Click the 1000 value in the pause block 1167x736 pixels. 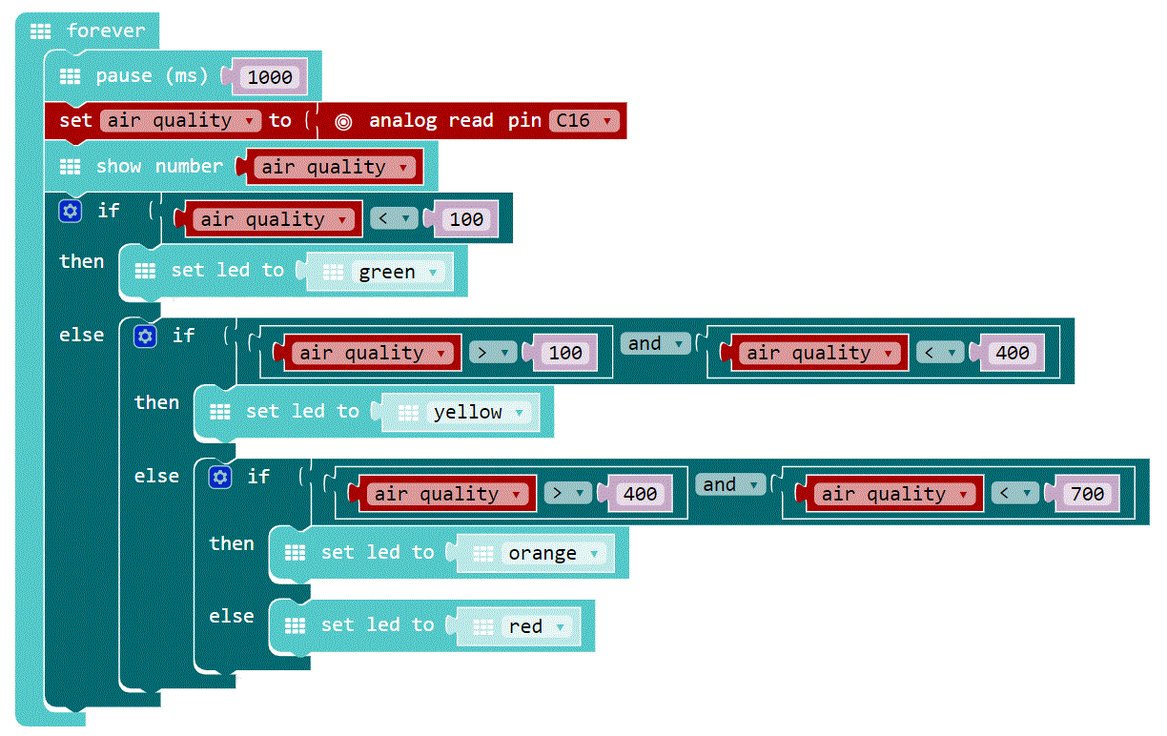[270, 77]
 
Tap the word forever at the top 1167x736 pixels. [105, 31]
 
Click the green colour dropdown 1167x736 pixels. [399, 273]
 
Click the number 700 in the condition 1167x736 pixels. [1087, 494]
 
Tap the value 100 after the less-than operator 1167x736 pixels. [466, 219]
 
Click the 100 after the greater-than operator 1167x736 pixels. [565, 353]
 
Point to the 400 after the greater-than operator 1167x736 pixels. [640, 494]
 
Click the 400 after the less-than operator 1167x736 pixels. [1013, 353]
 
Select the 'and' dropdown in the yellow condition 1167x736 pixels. [655, 344]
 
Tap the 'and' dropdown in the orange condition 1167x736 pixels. [730, 485]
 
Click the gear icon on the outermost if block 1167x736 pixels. [71, 211]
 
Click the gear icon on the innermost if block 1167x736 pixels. [220, 477]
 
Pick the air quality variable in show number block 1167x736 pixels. [338, 168]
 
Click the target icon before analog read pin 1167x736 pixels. [344, 121]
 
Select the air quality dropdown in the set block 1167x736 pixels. [181, 121]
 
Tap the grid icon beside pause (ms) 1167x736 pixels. [71, 76]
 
